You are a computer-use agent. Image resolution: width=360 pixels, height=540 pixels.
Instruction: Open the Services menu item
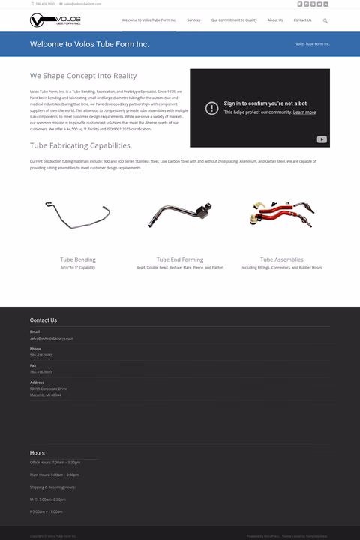[x=193, y=20]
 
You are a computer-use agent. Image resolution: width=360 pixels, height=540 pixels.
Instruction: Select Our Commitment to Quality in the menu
[x=234, y=20]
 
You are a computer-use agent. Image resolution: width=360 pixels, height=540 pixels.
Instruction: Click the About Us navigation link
[x=275, y=20]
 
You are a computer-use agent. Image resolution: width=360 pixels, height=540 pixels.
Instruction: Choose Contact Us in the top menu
[x=302, y=20]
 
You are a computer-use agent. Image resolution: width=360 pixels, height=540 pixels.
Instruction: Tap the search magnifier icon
[x=325, y=20]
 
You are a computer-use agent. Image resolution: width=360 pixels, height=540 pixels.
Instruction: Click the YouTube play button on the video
[x=321, y=139]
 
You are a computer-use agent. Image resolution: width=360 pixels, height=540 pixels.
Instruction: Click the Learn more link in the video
[x=304, y=112]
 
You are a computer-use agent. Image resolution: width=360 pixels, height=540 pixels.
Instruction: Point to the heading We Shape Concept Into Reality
[x=83, y=76]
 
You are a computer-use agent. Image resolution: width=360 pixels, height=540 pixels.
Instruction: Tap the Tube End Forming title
[x=179, y=259]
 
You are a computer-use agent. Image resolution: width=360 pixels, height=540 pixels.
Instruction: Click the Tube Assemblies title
[x=282, y=259]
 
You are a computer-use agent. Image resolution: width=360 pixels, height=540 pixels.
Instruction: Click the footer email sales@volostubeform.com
[x=52, y=338]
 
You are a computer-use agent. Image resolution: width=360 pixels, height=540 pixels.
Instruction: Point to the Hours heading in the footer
[x=37, y=453]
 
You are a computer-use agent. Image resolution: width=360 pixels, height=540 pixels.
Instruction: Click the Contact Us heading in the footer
[x=43, y=320]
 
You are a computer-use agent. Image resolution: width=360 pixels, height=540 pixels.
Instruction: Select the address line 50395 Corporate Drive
[x=49, y=388]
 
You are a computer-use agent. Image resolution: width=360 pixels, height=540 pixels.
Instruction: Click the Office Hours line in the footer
[x=55, y=463]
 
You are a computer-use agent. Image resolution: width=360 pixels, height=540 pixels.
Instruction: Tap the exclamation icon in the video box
[x=212, y=108]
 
